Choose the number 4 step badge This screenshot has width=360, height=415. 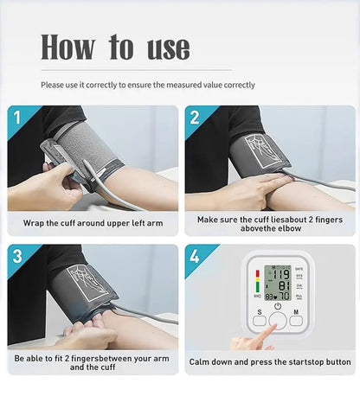pos(195,255)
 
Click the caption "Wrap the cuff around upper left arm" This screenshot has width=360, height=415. pos(93,223)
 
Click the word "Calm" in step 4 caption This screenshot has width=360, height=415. pos(202,361)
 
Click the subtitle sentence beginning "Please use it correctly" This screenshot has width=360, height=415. pos(148,85)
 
